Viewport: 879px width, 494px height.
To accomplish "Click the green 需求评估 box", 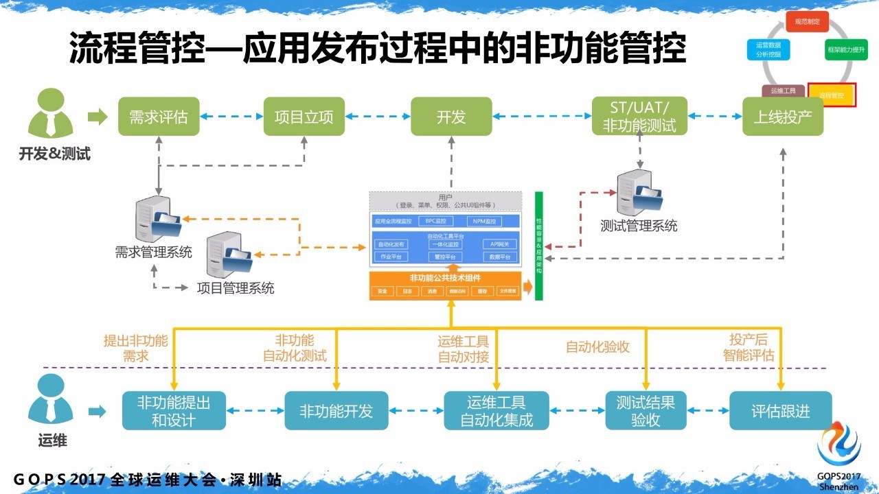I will pyautogui.click(x=159, y=116).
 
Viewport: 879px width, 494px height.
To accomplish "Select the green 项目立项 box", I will pyautogui.click(x=304, y=116).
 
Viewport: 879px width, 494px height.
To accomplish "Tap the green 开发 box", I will pyautogui.click(x=451, y=116).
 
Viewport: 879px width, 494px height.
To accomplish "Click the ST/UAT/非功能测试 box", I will pyautogui.click(x=639, y=116).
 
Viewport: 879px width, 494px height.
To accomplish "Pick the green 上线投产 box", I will pyautogui.click(x=782, y=116).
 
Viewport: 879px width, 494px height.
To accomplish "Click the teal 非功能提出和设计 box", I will pyautogui.click(x=174, y=410).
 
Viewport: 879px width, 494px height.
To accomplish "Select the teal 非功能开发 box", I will pyautogui.click(x=336, y=410).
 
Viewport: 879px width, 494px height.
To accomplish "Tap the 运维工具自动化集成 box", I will pyautogui.click(x=496, y=410).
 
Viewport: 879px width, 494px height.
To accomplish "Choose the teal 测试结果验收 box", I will pyautogui.click(x=646, y=410).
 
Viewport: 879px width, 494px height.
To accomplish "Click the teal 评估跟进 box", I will pyautogui.click(x=781, y=410).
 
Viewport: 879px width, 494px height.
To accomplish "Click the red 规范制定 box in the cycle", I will pyautogui.click(x=807, y=22).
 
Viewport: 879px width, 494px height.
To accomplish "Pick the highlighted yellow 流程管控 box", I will pyautogui.click(x=831, y=94).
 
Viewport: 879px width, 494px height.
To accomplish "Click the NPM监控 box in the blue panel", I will pyautogui.click(x=485, y=221).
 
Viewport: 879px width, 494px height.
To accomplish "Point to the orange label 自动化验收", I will pyautogui.click(x=597, y=347).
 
